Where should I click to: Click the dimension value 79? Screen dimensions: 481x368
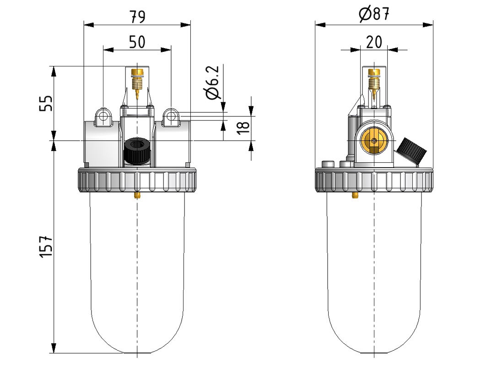137,17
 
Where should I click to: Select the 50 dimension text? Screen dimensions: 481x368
137,42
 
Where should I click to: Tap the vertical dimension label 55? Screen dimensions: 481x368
46,103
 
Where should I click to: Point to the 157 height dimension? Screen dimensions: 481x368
46,247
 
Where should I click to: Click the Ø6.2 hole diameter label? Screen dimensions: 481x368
213,82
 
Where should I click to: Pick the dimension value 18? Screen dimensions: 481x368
243,128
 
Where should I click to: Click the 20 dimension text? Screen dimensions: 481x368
374,42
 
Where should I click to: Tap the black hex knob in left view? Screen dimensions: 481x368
137,151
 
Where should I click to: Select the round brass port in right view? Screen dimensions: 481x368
374,141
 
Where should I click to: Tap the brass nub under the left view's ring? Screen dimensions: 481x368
137,195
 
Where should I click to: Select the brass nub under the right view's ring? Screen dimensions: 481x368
355,195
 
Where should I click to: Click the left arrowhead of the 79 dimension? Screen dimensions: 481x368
89,25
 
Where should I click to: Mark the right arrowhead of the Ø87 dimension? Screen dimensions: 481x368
428,25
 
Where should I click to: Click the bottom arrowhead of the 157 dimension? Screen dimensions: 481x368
54,348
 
